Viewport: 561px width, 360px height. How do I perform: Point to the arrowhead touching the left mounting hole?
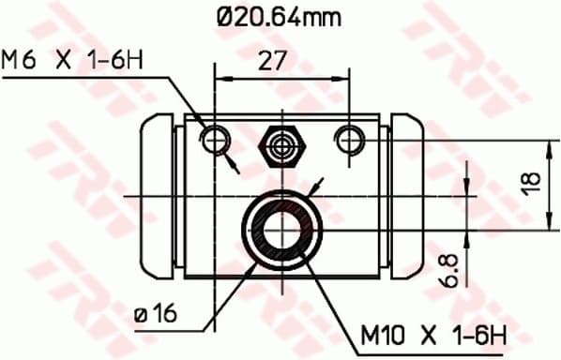(233, 166)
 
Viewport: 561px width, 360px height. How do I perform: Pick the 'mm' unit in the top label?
(323, 16)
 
